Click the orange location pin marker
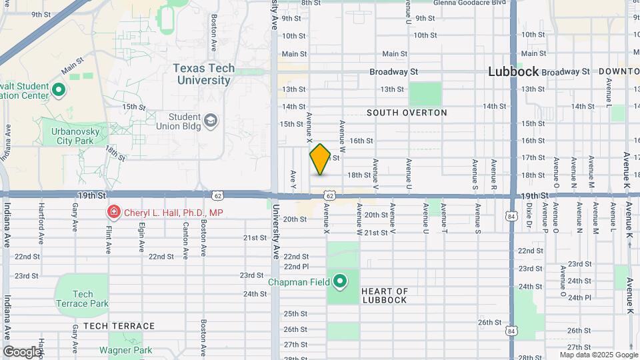click(x=320, y=159)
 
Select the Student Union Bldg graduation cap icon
click(x=211, y=120)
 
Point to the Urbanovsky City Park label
click(x=75, y=137)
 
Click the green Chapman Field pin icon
click(x=340, y=282)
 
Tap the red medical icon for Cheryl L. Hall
click(x=113, y=213)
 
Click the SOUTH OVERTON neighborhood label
click(x=407, y=113)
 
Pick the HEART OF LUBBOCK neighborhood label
click(x=385, y=295)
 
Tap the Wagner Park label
click(x=126, y=350)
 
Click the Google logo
click(x=21, y=351)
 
